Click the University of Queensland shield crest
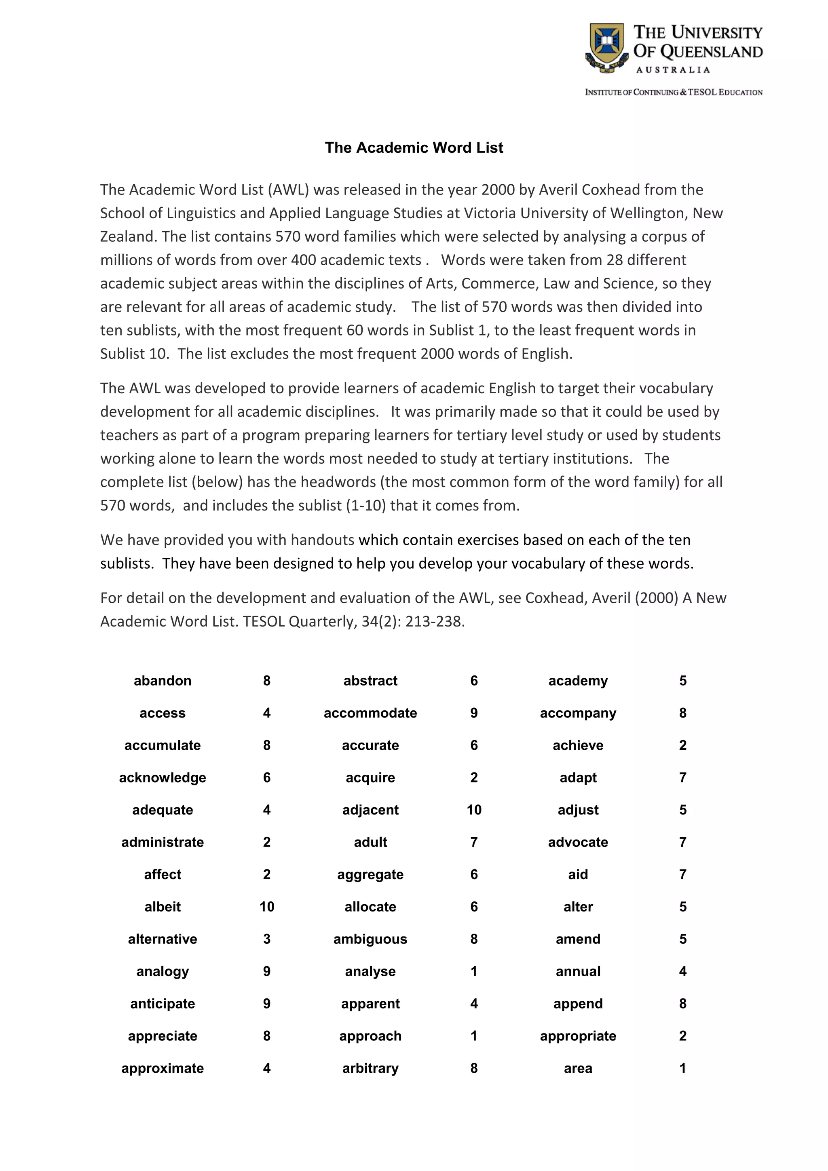coord(606,47)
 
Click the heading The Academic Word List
coord(414,148)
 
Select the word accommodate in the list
coord(370,713)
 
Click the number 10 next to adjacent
coord(473,810)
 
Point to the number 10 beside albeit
coord(266,907)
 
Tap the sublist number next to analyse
coord(473,972)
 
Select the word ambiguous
coord(370,939)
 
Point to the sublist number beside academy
coord(682,681)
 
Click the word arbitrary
coord(370,1068)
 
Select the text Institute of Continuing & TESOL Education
coord(674,92)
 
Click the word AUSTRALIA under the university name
coord(672,70)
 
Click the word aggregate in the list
coord(370,875)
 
